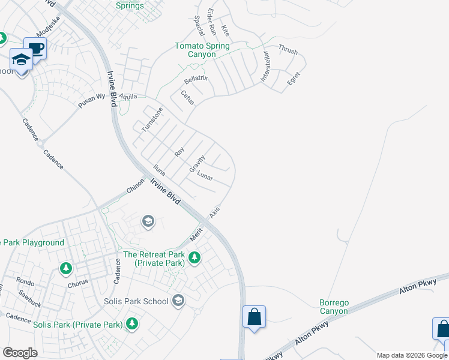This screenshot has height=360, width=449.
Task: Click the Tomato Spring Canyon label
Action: (202, 50)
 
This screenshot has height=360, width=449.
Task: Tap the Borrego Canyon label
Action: (334, 307)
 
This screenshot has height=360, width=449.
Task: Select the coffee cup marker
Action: (35, 49)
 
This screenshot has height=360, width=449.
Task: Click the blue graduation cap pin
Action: (21, 60)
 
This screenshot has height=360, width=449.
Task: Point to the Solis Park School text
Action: (136, 301)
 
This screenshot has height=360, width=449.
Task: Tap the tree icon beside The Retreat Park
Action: (194, 258)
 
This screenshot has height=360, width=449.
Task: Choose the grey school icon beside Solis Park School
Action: (178, 300)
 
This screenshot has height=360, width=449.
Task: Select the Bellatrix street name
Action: (196, 79)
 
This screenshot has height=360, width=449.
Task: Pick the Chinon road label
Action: (135, 186)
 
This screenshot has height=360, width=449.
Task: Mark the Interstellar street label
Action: (266, 67)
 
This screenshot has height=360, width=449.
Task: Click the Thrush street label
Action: (288, 51)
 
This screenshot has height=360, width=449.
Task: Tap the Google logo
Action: (20, 352)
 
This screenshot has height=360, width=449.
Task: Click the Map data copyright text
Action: (412, 356)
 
